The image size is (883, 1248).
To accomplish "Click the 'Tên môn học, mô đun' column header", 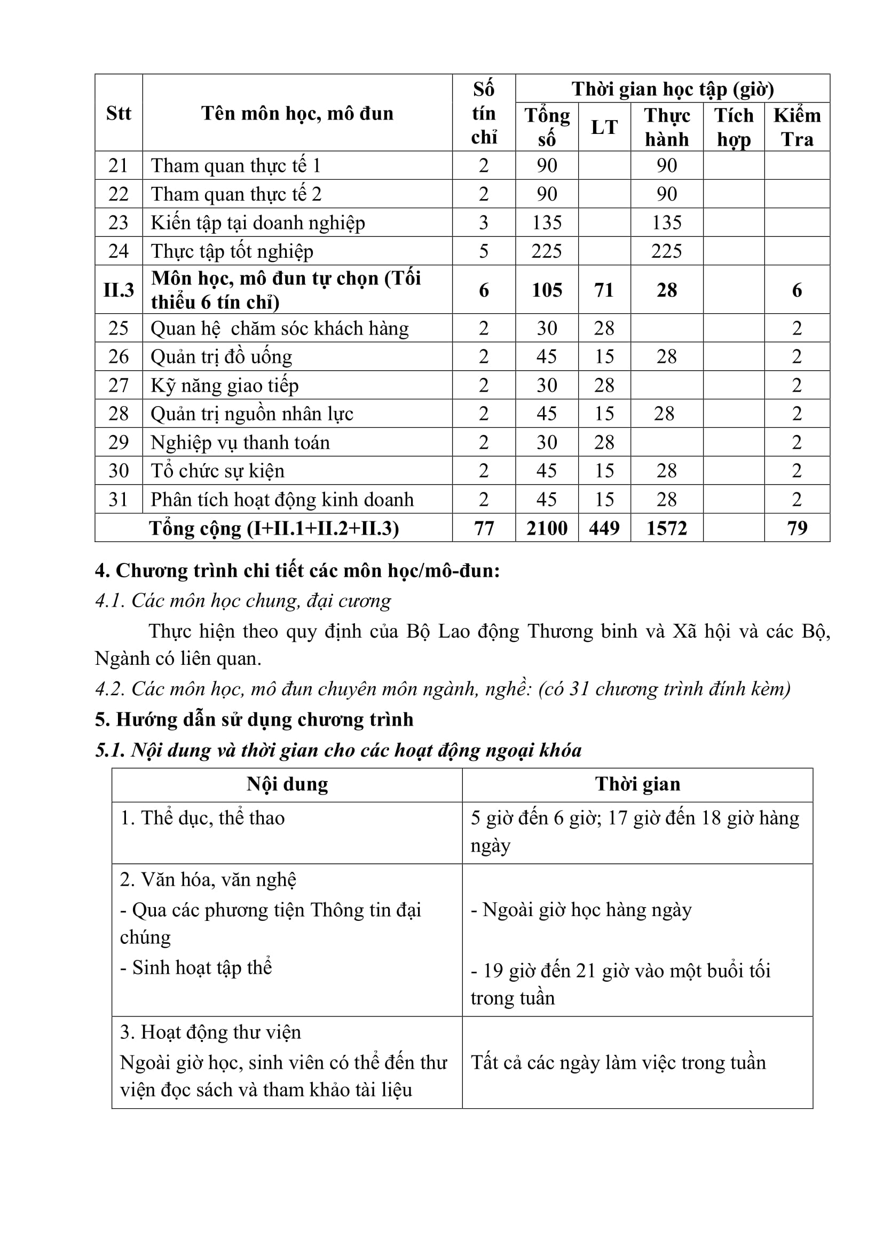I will tap(297, 113).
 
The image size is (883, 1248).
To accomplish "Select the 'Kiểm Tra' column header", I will tap(797, 127).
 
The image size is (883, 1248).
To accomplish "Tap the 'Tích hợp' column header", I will tap(734, 127).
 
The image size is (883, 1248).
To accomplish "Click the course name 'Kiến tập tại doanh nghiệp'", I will tap(258, 223).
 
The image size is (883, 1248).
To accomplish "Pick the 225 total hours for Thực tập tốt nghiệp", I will tap(547, 251).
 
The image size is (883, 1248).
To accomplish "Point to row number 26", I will tap(119, 356).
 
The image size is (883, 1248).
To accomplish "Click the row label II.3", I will tap(119, 290).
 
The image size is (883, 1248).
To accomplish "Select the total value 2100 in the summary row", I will tap(547, 528).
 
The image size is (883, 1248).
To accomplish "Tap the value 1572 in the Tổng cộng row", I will tap(667, 528).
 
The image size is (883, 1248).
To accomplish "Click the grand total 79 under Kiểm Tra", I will tap(797, 528).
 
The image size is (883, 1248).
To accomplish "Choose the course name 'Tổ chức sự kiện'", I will tap(217, 471).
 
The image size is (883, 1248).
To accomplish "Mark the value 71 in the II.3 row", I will tap(604, 290).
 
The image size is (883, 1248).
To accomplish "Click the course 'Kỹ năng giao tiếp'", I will tap(225, 385).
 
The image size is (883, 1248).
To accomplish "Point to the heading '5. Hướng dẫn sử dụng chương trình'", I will tap(254, 719).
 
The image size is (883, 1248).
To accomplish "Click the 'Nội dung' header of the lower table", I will tap(287, 784).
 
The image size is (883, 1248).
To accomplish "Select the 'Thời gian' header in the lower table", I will tap(637, 784).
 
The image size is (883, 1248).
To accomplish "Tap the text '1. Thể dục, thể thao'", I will tap(202, 818).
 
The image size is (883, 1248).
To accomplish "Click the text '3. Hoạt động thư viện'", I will tap(210, 1032).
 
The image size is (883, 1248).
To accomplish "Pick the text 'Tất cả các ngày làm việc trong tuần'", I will tap(618, 1063).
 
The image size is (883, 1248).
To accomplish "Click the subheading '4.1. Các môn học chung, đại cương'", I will tap(243, 601).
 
